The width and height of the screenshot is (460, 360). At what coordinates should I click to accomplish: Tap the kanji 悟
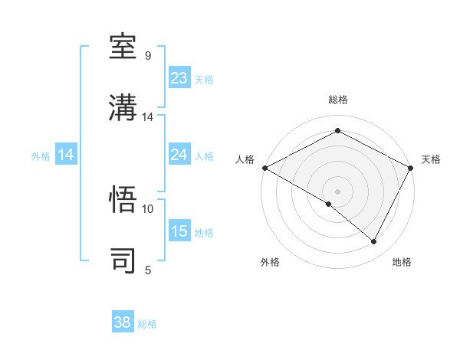[124, 199]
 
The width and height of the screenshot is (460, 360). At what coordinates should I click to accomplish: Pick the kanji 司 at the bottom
[124, 260]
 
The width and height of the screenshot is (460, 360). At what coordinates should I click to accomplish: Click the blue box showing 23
[179, 78]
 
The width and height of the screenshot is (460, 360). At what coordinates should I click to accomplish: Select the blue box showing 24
[179, 155]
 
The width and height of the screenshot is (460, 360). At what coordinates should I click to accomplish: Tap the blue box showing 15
[179, 231]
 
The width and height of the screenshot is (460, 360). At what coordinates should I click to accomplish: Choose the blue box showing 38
[123, 322]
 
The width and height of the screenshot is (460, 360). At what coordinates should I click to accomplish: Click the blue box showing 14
[66, 155]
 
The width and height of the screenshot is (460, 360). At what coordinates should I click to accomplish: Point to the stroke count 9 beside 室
[148, 56]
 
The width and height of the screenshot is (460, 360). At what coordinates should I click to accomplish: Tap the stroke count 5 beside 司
[148, 270]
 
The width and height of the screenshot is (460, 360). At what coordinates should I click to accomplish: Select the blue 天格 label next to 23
[204, 79]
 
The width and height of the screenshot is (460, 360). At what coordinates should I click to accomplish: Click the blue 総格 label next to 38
[147, 324]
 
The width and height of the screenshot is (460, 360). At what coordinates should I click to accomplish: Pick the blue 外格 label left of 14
[41, 155]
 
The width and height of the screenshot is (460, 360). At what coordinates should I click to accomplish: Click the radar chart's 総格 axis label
[338, 100]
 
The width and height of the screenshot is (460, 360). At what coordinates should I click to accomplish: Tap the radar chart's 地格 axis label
[402, 263]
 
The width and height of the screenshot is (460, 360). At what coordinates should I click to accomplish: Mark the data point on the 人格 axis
[264, 168]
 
